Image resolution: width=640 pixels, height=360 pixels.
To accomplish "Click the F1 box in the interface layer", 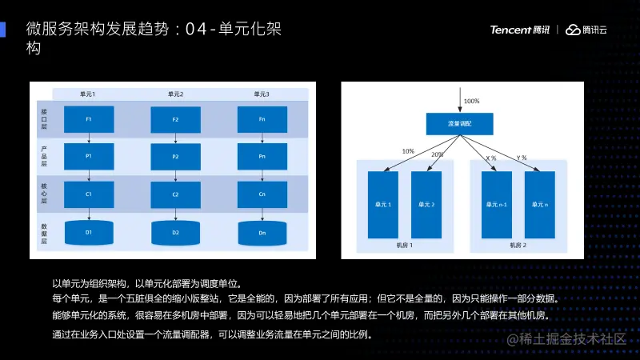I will (x=88, y=120).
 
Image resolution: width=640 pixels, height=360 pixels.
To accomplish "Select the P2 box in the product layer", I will (x=175, y=157).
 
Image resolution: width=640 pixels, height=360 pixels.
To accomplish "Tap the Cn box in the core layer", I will (x=262, y=194).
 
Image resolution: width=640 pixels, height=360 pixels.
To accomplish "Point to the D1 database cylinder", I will (x=88, y=232).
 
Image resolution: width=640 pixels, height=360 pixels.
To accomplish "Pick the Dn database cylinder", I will (x=262, y=232).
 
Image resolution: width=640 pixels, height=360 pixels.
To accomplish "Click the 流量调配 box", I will (x=459, y=124).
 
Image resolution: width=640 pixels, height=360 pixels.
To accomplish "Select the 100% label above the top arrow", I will (x=471, y=102).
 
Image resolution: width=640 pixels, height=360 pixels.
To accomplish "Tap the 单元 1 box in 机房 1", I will (x=382, y=204).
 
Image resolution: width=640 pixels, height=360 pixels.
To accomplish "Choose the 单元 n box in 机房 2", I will (x=539, y=204).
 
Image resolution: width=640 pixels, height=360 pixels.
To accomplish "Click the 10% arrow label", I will (x=408, y=151).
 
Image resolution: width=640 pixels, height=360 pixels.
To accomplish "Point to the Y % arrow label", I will (x=522, y=158).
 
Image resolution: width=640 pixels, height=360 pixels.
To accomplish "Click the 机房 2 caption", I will (x=518, y=246).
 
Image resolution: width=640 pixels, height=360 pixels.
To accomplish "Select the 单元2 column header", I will (x=175, y=94).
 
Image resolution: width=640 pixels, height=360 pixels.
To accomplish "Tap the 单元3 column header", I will (x=262, y=94).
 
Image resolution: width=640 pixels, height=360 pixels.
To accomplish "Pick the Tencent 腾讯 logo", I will (x=520, y=30).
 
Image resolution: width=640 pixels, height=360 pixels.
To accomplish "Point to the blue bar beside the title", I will (x=3, y=29).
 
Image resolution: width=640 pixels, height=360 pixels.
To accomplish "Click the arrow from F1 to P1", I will (x=88, y=138).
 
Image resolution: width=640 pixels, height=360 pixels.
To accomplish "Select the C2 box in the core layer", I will (x=175, y=194).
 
